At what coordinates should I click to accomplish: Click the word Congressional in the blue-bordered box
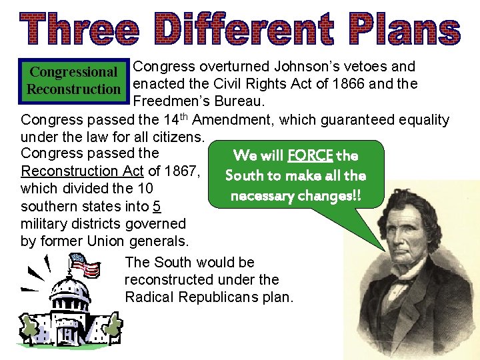tap(74, 72)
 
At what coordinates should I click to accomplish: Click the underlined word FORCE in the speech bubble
tap(311, 156)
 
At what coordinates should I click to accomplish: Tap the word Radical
tap(150, 297)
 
